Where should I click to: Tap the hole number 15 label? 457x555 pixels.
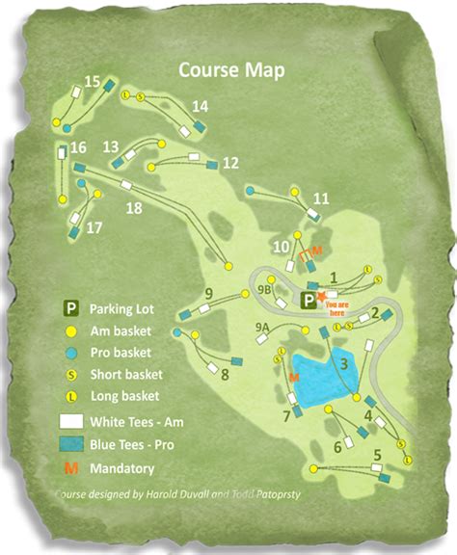coord(93,82)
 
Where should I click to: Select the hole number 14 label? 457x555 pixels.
coord(201,106)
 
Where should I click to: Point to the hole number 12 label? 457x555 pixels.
coord(229,163)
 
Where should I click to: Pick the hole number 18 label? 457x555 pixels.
coord(134,208)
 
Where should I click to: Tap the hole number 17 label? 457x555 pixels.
coord(94,228)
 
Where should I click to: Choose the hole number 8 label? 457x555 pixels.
coord(225,374)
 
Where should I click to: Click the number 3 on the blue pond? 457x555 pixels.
coord(342,363)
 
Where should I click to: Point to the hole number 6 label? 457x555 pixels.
coord(337,446)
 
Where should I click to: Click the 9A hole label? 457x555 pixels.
coord(262,328)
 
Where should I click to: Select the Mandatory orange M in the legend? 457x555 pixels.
coord(70,469)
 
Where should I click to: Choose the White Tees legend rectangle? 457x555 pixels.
coord(71,421)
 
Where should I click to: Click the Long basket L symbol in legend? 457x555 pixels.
coord(70,395)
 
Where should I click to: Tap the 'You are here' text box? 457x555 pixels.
coord(336,308)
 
